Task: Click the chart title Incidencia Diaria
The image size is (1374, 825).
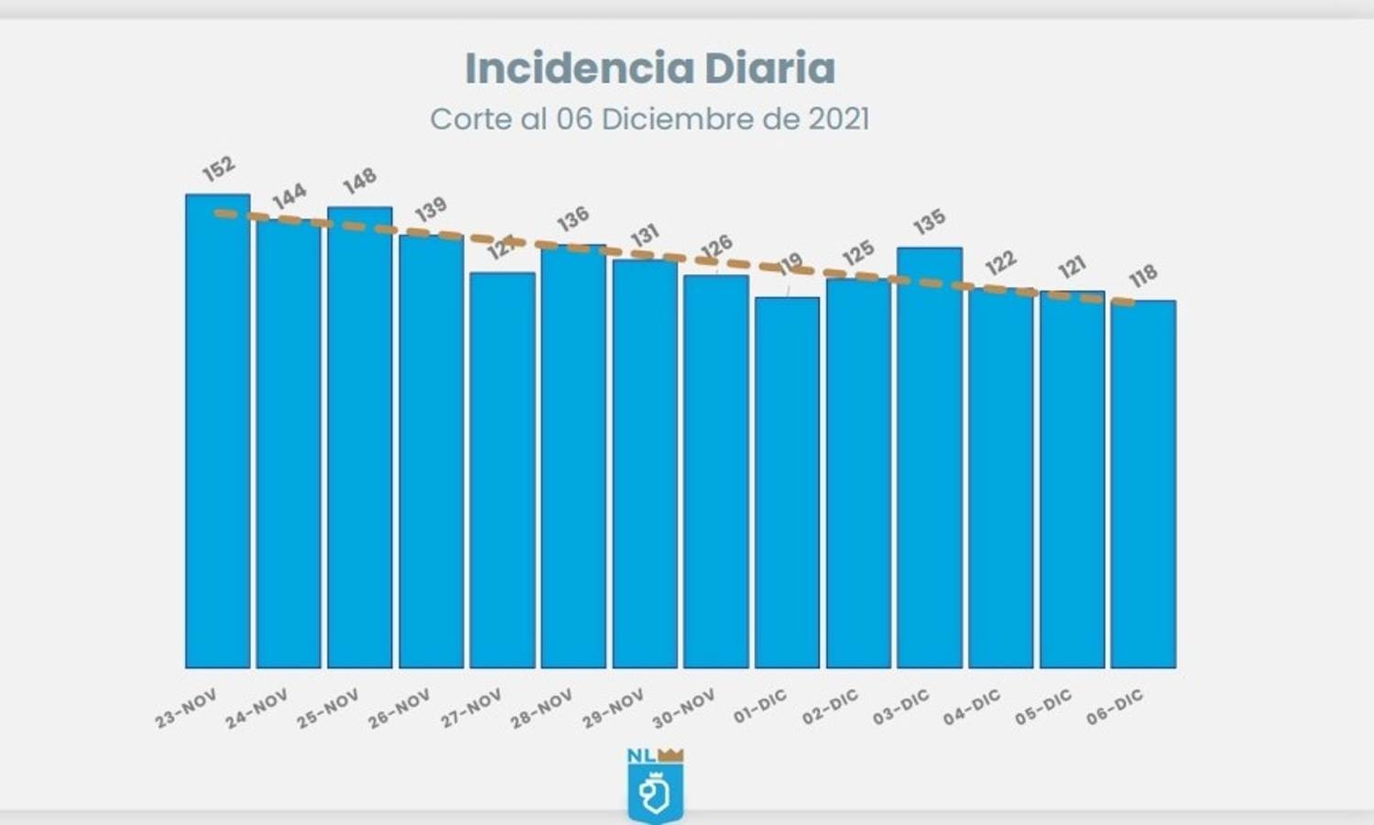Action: pos(649,69)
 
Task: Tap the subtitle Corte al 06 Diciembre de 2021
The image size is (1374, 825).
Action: pos(649,119)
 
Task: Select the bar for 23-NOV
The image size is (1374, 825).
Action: pos(218,431)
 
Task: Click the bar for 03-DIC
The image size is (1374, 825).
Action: pos(930,458)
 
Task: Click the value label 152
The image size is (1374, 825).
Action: pos(219,169)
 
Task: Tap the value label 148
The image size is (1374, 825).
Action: pos(360,181)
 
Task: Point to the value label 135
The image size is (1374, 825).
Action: pos(929,223)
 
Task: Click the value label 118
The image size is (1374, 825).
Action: pos(1143,275)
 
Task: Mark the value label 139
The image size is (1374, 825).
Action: pos(431,209)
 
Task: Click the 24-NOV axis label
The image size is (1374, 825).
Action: pos(256,709)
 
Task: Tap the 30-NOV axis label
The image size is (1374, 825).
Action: pos(683,709)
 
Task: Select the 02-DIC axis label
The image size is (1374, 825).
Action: pos(830,707)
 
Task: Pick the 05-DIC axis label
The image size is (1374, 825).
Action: pos(1042,707)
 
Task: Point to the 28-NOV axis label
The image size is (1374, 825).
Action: pos(541,709)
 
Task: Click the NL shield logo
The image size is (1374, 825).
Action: pos(655,792)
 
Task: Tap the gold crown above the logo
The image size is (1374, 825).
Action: pos(671,755)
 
